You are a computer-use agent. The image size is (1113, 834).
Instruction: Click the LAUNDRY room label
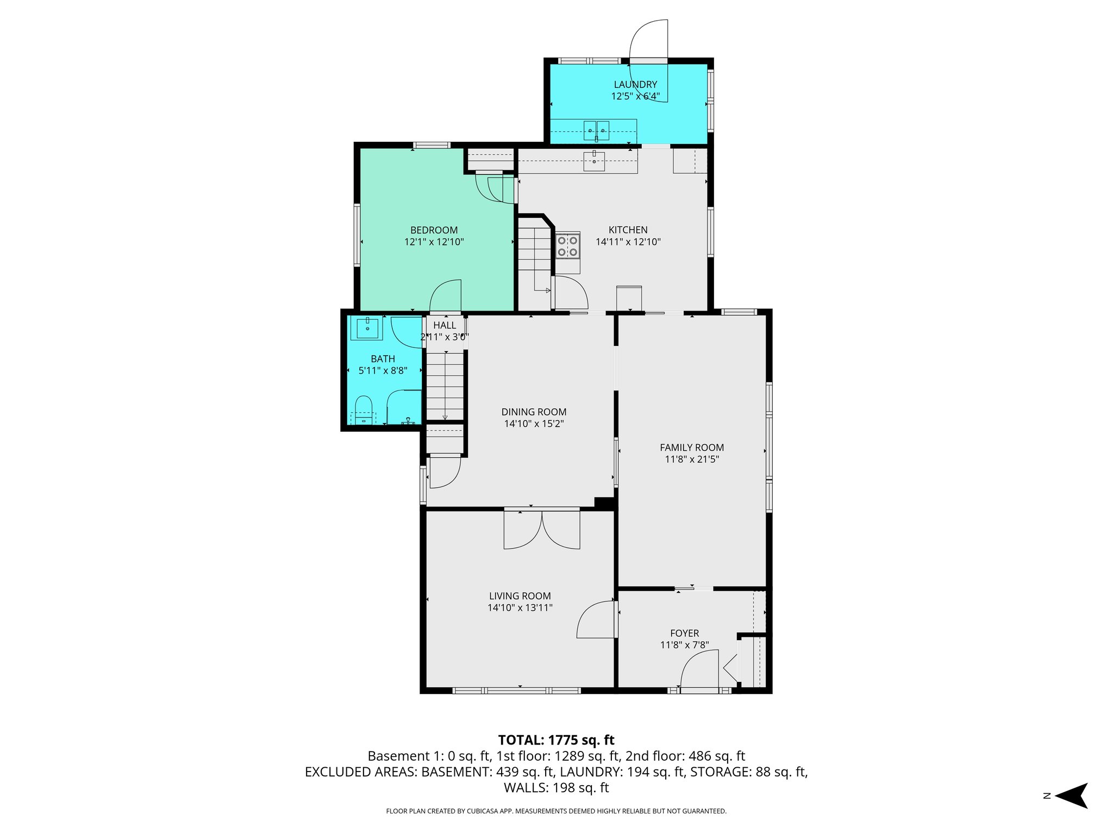(635, 85)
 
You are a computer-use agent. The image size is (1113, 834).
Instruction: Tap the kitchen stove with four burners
(567, 245)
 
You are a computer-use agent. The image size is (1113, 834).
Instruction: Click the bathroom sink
(368, 328)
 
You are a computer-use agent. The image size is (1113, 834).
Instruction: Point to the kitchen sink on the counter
(595, 161)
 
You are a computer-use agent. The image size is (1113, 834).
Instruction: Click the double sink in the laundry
(596, 130)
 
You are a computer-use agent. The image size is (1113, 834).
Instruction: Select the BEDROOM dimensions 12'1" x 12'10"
(434, 242)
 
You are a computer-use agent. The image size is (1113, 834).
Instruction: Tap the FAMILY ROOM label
(691, 447)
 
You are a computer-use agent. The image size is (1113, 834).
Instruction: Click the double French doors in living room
(542, 529)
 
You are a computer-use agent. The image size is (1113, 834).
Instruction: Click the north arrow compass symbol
(1072, 795)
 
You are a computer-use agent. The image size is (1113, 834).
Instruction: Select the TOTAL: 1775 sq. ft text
(556, 740)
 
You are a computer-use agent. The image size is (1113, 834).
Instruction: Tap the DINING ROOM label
(534, 412)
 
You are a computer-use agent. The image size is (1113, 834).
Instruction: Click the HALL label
(445, 325)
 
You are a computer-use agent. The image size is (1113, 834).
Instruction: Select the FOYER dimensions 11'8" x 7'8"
(684, 645)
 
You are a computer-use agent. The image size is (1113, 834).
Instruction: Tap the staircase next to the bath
(445, 386)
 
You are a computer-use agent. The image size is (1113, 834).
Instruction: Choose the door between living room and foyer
(596, 620)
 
